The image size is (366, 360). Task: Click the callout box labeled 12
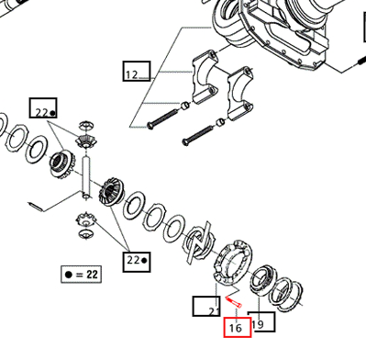[x=137, y=71]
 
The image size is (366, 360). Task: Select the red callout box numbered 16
[x=238, y=327]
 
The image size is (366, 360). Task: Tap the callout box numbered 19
[x=261, y=322]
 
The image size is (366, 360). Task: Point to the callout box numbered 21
[x=206, y=306]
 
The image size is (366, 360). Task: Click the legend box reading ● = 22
[x=81, y=274]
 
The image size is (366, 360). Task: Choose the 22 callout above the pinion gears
[x=43, y=107]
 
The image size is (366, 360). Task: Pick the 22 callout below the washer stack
[x=137, y=262]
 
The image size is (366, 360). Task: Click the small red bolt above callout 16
[x=234, y=302]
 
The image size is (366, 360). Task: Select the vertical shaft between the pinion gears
[x=86, y=178]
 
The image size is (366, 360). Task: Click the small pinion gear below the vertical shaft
[x=86, y=219]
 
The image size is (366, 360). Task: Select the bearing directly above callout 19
[x=263, y=280]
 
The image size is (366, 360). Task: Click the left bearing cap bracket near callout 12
[x=205, y=76]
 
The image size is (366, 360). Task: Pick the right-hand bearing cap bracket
[x=241, y=94]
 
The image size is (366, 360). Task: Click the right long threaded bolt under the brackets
[x=197, y=136]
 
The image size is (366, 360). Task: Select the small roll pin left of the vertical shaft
[x=36, y=207]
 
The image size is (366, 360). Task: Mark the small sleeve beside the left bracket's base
[x=185, y=106]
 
